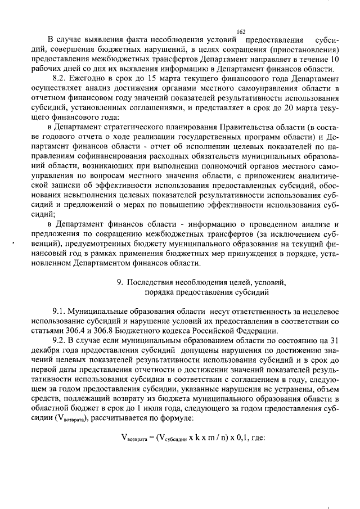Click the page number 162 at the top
(241, 32)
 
